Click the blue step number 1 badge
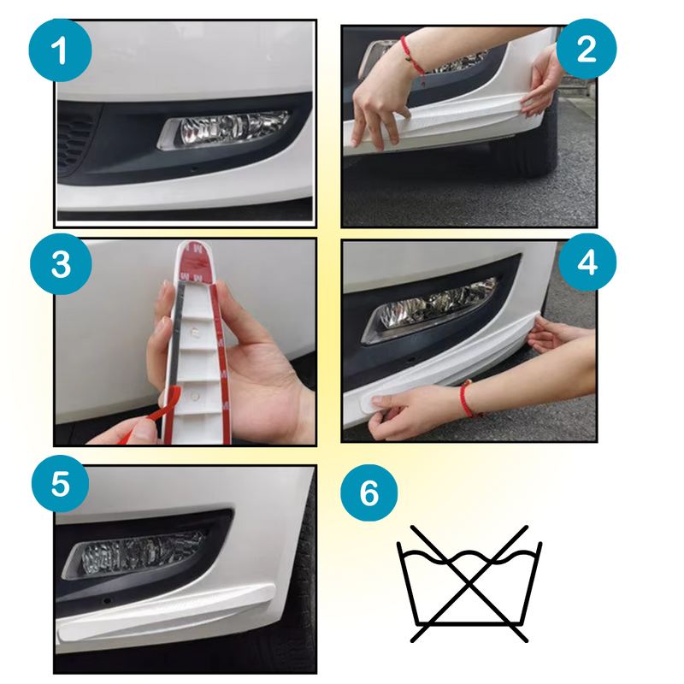60,50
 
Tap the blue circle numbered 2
587,49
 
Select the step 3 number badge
61,264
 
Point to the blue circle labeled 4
587,262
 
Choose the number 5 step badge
60,483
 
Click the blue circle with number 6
369,492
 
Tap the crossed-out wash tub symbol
469,584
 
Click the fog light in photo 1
223,129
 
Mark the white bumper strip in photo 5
166,610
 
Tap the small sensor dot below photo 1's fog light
195,168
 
